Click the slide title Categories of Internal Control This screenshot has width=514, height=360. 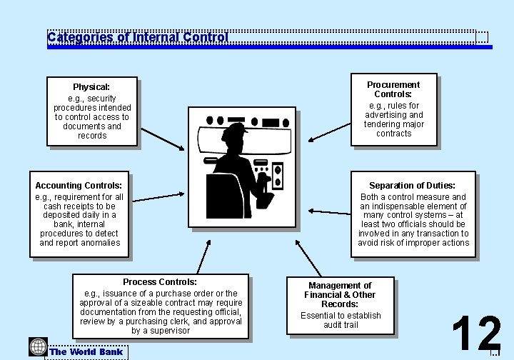tap(138, 37)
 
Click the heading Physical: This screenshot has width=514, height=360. tap(91, 87)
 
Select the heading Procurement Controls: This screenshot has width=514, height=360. tap(393, 89)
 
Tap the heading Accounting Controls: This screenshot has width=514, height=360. tap(79, 186)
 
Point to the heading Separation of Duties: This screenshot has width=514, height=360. tap(412, 186)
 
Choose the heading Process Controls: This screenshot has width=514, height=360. tap(160, 282)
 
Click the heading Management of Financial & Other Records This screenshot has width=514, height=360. tap(340, 295)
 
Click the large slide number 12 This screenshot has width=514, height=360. tap(476, 334)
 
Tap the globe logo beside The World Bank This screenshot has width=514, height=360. tap(38, 347)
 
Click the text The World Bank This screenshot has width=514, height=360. tap(86, 351)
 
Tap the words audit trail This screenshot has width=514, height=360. tap(341, 325)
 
